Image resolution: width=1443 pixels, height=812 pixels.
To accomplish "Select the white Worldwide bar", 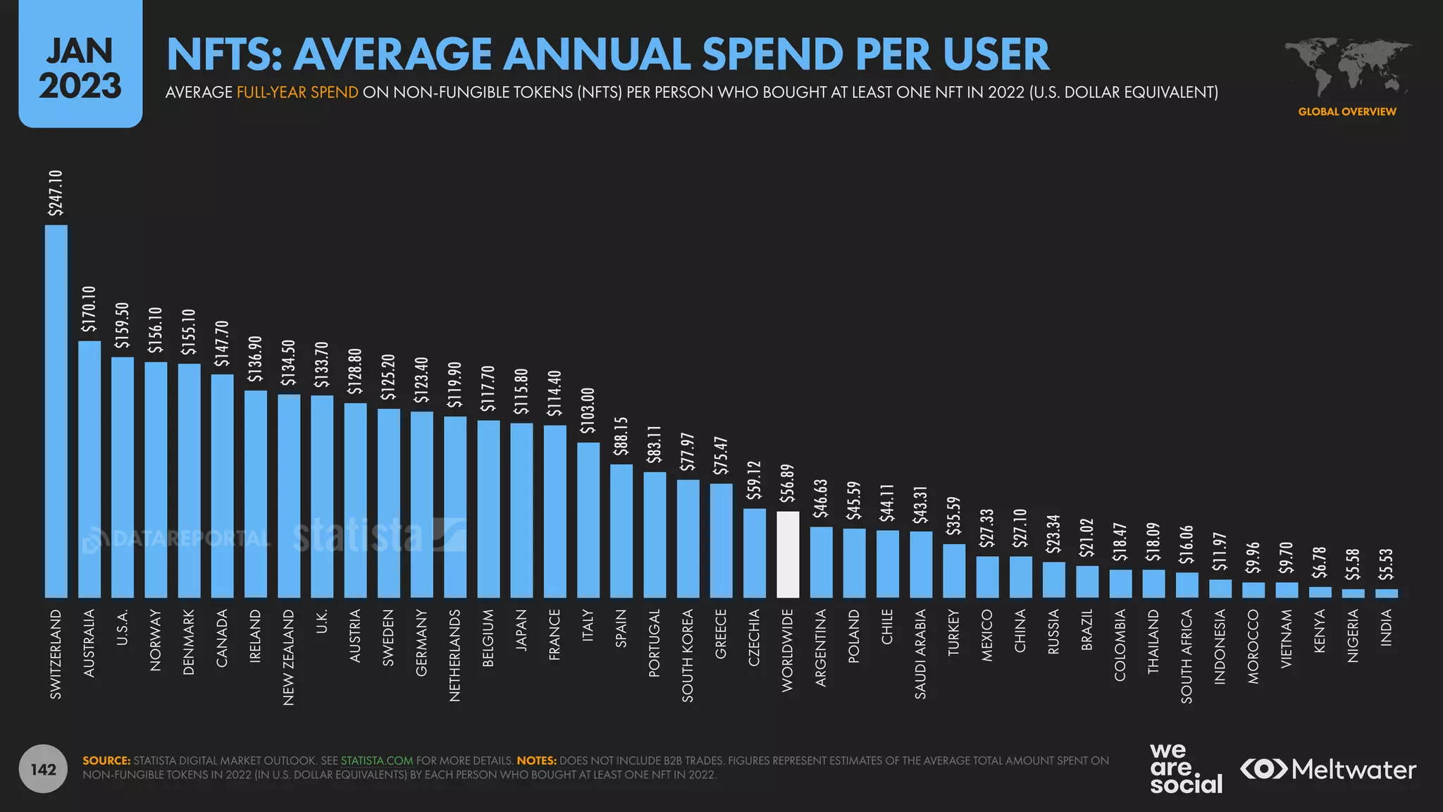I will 788,555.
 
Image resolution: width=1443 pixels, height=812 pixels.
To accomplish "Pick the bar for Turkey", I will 954,571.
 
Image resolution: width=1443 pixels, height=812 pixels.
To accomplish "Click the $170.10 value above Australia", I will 89,309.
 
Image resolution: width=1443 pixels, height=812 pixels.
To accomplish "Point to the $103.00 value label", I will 588,410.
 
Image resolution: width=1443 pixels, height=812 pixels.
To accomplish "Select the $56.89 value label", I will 788,483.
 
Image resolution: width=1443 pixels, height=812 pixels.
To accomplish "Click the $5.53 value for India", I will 1386,565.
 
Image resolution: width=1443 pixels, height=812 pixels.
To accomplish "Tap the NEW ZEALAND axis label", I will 288,657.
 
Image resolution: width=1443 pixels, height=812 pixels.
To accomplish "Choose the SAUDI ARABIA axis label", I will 921,654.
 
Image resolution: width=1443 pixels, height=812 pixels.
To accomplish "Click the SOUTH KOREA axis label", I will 688,656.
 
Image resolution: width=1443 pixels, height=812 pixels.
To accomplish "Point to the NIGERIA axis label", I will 1353,636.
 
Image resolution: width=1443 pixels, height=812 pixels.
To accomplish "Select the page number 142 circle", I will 44,769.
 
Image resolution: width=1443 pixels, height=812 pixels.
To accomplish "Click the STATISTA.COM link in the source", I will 377,761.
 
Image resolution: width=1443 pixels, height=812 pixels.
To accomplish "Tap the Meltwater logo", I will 1329,769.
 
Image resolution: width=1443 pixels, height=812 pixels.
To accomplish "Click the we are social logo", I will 1186,768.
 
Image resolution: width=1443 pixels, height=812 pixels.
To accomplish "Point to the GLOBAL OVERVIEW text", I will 1347,111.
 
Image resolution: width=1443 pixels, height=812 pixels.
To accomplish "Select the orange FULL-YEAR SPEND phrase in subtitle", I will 297,92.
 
